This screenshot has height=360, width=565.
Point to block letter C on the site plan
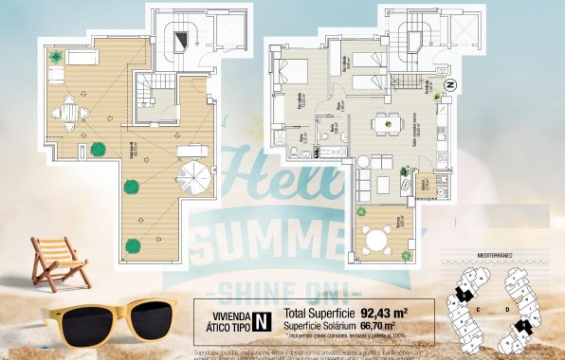(479, 309)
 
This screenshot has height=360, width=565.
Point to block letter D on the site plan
(507, 309)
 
